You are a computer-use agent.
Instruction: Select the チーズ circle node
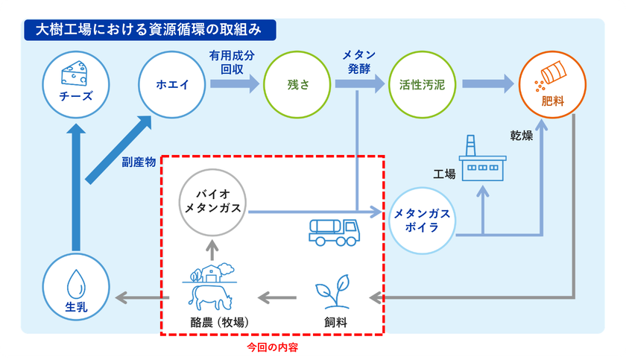pos(73,83)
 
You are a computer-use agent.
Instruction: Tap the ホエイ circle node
pos(172,83)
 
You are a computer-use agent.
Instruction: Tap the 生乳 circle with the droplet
pos(73,288)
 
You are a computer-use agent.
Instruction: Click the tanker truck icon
pos(333,232)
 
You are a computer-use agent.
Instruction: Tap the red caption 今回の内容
pos(272,347)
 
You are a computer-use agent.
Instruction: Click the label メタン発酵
pos(358,63)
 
